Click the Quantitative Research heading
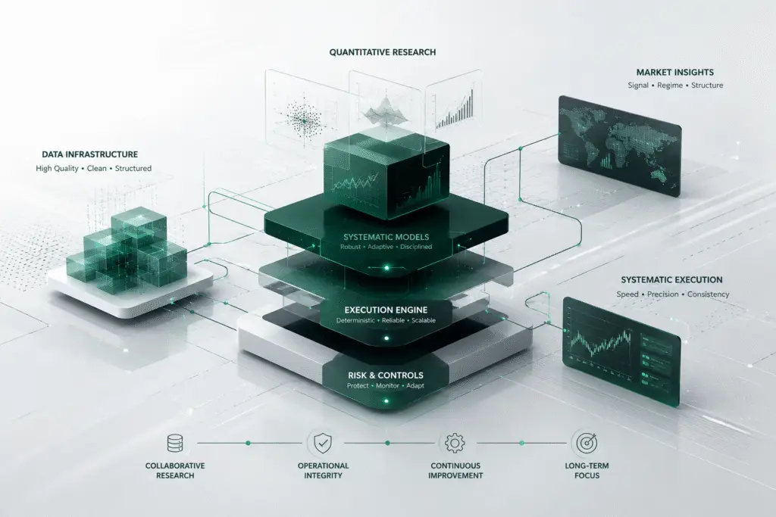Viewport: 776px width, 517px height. click(383, 52)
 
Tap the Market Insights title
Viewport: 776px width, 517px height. click(675, 72)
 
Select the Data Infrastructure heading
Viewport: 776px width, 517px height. click(89, 154)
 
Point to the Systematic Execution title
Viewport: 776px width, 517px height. click(671, 280)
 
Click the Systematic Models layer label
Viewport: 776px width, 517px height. click(386, 237)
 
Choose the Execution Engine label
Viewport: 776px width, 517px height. click(386, 310)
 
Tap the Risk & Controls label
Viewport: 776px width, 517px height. click(386, 375)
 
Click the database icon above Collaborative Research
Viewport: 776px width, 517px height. click(175, 443)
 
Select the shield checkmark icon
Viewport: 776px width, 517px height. click(323, 443)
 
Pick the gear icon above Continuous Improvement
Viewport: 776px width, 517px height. click(455, 443)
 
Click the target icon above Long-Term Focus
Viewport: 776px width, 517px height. click(587, 443)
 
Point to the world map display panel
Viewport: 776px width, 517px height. click(620, 146)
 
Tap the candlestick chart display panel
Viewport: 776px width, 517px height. click(621, 351)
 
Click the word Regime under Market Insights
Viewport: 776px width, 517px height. click(670, 86)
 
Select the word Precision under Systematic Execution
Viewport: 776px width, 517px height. click(662, 294)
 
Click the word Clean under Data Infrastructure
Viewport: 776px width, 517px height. click(96, 169)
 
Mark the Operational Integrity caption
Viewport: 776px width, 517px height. click(323, 471)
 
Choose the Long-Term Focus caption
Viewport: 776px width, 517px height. click(587, 471)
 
